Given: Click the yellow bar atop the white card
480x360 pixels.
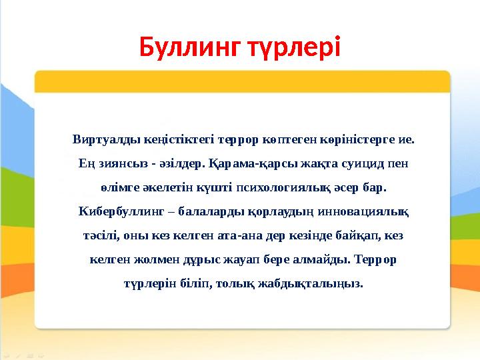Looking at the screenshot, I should [x=243, y=81].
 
